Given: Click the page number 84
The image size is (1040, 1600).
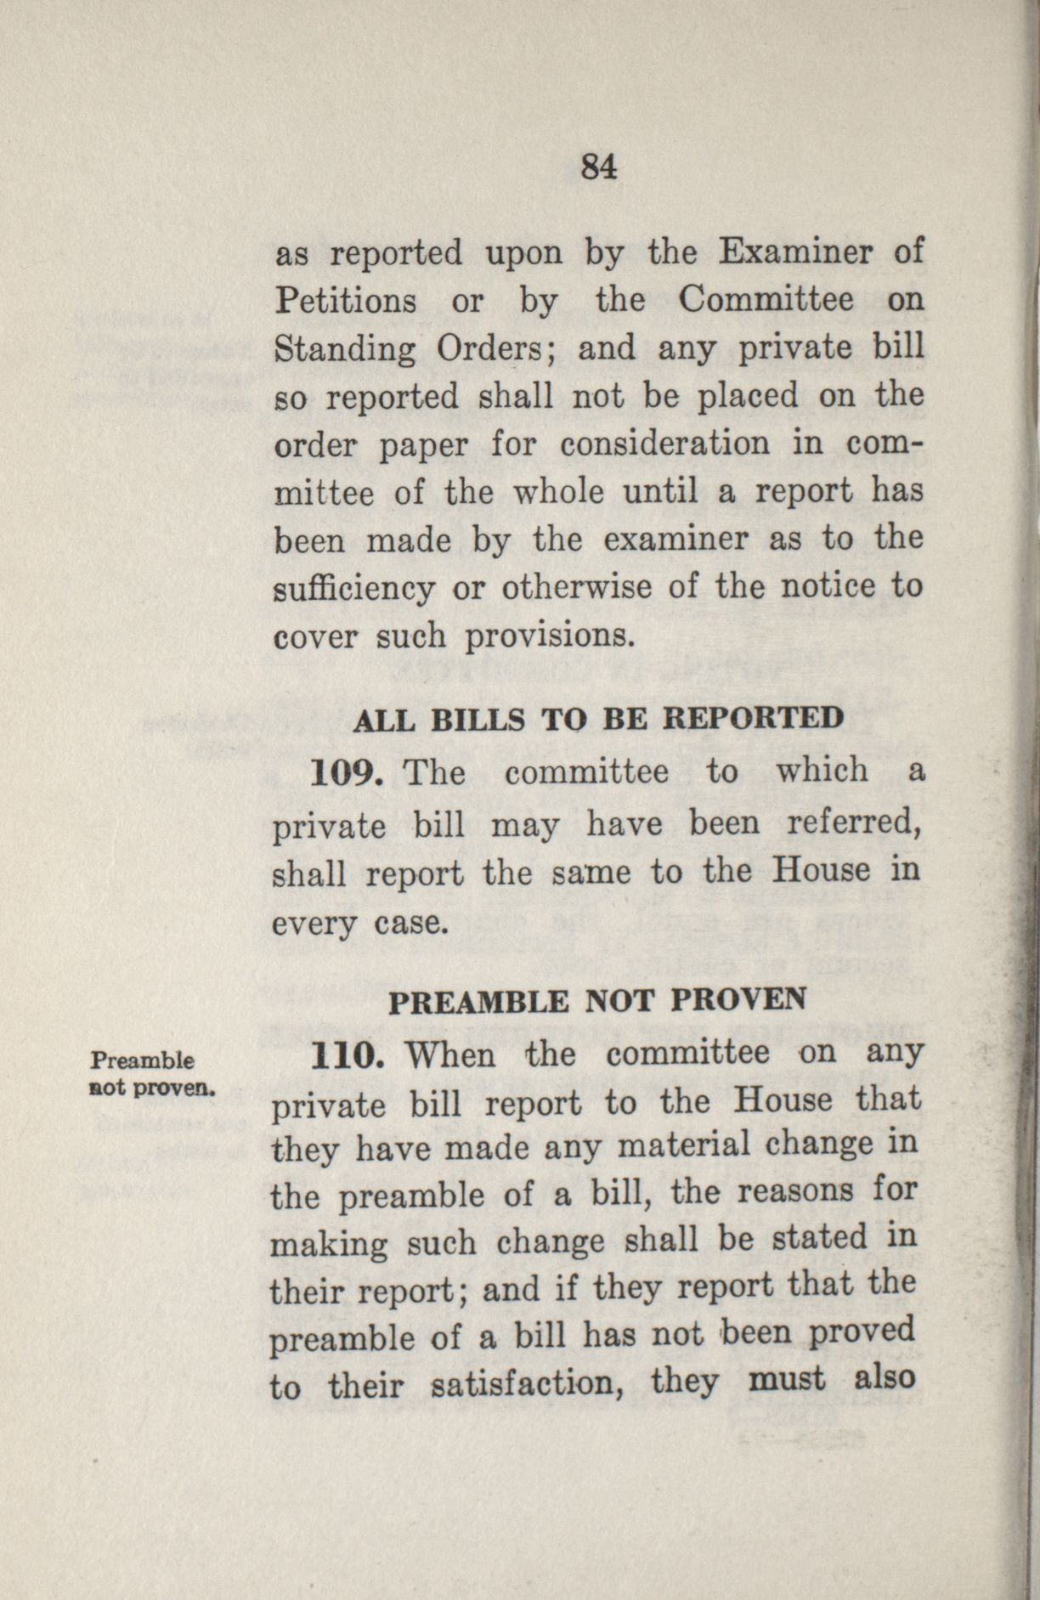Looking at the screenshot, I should click(x=598, y=167).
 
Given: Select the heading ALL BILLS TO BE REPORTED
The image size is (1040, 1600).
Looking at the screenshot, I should click(x=597, y=720).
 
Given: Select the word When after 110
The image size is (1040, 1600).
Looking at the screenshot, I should click(x=450, y=1056).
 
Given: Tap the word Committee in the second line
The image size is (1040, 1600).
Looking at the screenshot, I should click(x=766, y=301).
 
